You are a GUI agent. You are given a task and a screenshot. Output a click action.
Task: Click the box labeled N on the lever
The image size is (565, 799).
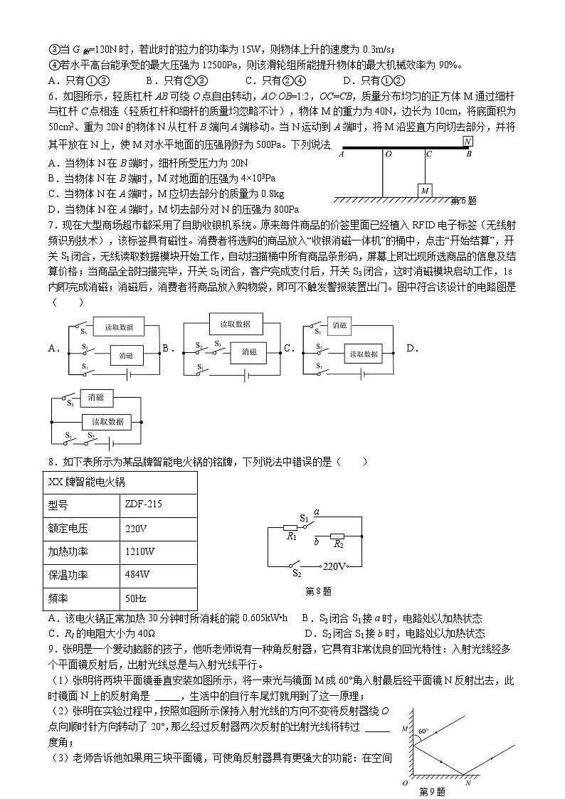[467, 142]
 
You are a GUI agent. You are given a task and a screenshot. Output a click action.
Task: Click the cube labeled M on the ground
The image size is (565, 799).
[424, 191]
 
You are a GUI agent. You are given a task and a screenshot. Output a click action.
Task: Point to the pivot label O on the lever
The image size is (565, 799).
[387, 153]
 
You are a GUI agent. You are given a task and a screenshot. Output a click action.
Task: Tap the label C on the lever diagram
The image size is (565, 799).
[428, 153]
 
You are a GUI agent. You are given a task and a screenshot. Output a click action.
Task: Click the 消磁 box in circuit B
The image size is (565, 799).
[248, 351]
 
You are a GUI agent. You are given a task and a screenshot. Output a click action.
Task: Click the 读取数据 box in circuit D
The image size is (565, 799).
[107, 422]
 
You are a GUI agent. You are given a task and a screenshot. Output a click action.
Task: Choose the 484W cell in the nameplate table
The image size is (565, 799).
[137, 575]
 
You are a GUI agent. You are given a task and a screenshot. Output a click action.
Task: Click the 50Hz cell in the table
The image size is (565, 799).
[135, 599]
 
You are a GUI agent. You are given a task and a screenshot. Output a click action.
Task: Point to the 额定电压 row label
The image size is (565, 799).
[63, 529]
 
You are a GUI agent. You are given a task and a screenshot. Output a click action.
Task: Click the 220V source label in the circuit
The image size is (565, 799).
[334, 567]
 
